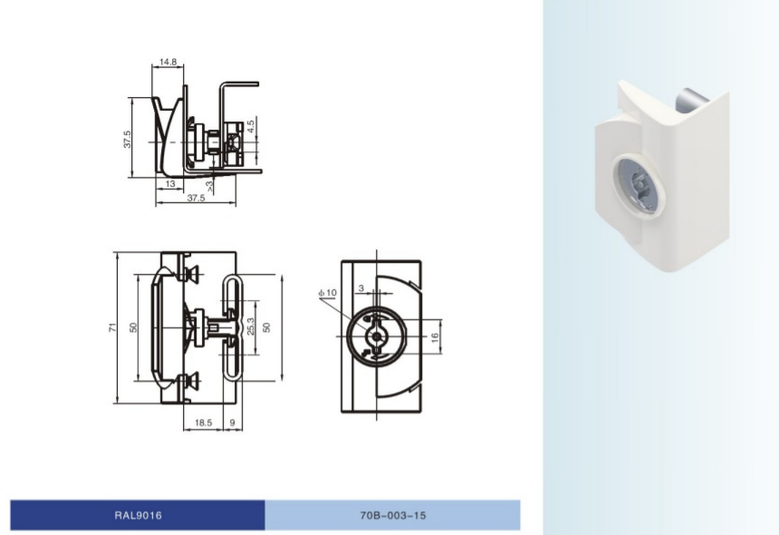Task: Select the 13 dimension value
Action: tap(170, 183)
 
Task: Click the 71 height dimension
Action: tap(110, 327)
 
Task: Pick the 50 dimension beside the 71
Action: tap(133, 327)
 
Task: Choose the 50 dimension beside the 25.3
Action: tap(266, 327)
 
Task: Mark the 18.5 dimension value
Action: tap(203, 423)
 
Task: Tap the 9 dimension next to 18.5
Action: tap(233, 423)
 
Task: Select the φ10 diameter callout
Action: tap(327, 293)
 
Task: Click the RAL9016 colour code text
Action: tap(138, 515)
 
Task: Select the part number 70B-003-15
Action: tap(392, 515)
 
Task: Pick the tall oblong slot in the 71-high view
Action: tap(232, 327)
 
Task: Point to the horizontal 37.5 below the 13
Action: tap(196, 198)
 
